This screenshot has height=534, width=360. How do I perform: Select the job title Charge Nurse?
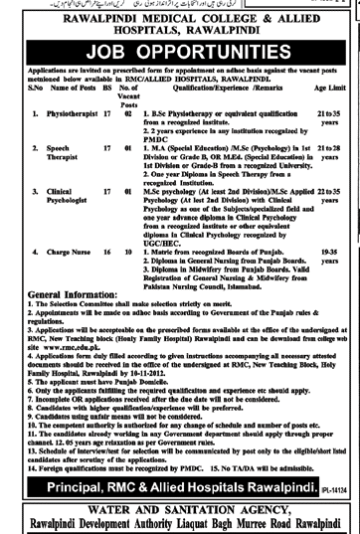[57, 254]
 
